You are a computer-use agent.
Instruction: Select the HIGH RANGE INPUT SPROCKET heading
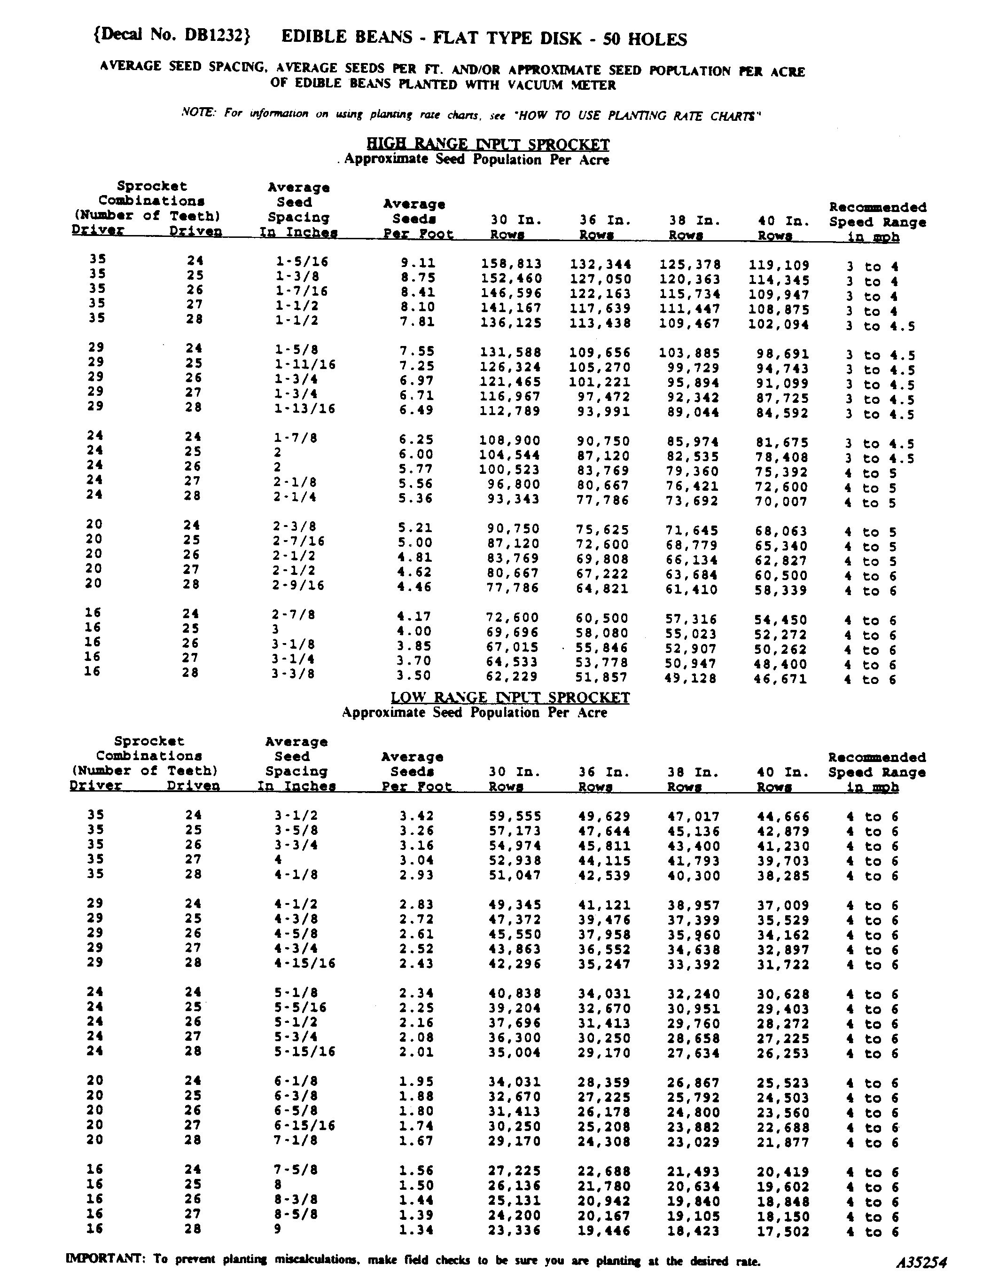(488, 144)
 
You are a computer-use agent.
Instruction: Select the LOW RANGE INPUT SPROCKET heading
(510, 698)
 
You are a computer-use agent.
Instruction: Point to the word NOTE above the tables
(199, 112)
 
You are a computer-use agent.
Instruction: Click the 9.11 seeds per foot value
(418, 264)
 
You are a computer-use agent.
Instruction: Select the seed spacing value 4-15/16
(305, 963)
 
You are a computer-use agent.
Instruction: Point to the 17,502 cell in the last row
(783, 1232)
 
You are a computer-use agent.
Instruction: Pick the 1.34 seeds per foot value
(416, 1230)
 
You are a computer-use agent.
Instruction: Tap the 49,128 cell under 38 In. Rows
(690, 679)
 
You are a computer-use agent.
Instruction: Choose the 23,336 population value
(515, 1231)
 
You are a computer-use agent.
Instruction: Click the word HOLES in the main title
(656, 39)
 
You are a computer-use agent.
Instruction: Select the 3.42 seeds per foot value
(416, 816)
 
